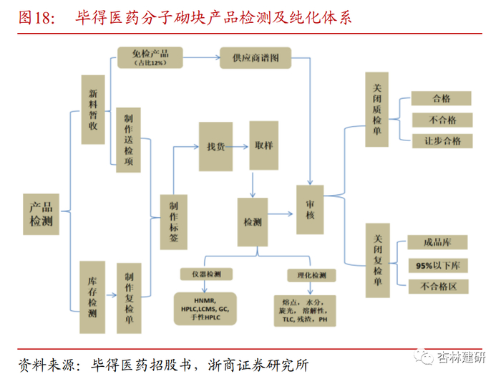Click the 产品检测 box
pos(41,214)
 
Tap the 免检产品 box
pos(149,57)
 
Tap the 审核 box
pos(311,209)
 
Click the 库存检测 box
pos(92,287)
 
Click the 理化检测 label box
pos(311,274)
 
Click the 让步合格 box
pos(442,140)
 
